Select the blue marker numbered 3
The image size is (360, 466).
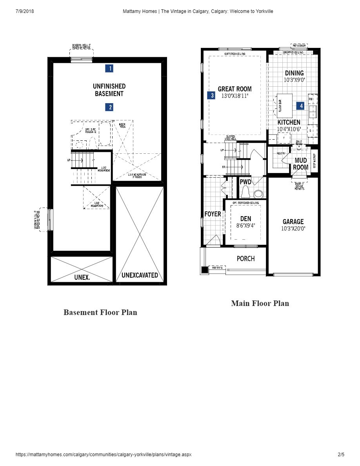coord(211,95)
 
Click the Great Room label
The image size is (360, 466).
coord(235,89)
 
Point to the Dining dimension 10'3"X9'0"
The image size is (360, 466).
coord(294,80)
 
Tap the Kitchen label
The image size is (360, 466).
coord(289,122)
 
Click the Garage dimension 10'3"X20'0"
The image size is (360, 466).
coord(293,228)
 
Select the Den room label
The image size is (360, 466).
coord(245,219)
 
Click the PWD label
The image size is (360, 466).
coord(245,182)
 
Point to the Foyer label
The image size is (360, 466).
coord(213,214)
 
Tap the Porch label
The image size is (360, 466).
coord(245,258)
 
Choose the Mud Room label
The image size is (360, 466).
coord(301,164)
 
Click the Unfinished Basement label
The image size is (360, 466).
coord(109,90)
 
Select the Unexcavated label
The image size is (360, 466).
coord(140,275)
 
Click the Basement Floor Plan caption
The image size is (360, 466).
coord(100,312)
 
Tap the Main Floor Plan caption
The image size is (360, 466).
coord(260,303)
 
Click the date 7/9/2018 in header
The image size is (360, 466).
coord(25,11)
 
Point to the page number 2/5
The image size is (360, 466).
coord(341,455)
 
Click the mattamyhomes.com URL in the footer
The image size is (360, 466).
coord(104,455)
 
